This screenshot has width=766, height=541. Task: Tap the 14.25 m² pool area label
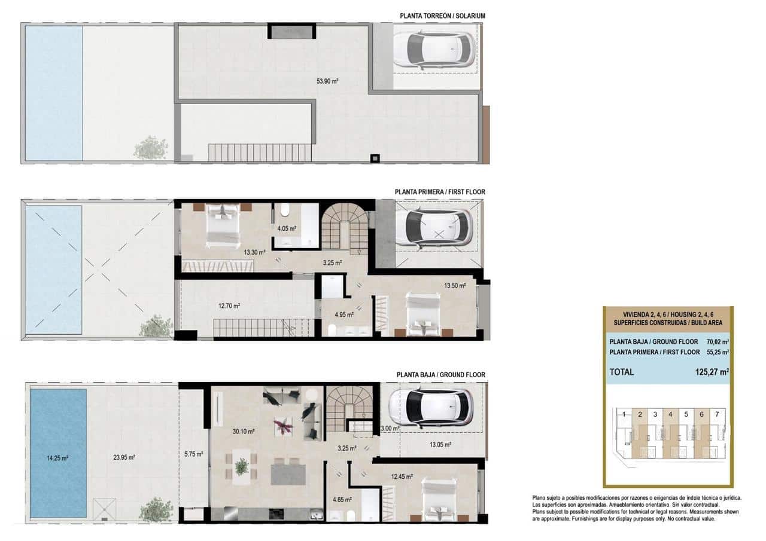[x=57, y=458]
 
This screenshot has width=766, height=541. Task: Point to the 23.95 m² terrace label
[x=124, y=458]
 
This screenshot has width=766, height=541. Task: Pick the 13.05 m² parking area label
[x=440, y=444]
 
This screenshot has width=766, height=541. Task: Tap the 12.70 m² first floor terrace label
[x=229, y=306]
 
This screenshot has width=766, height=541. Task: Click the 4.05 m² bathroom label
[x=287, y=228]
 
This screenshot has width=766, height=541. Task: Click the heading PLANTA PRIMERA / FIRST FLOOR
[x=440, y=192]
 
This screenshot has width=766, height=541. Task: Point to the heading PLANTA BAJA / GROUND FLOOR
[x=440, y=375]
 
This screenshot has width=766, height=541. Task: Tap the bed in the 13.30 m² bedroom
[x=223, y=225]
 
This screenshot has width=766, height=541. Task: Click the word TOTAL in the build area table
[x=621, y=372]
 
